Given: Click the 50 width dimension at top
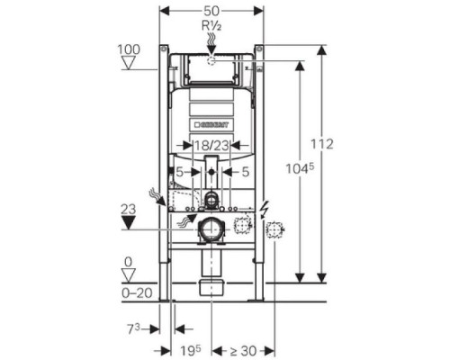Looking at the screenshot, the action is point(211,11).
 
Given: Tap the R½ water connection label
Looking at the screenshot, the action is point(211,26).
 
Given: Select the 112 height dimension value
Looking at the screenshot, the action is point(321,144).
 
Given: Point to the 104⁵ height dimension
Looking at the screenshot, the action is point(300,168).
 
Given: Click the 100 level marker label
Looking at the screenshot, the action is point(129,49).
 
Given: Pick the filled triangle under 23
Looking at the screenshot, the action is point(129,223).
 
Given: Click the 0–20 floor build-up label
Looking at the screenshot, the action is point(137,292).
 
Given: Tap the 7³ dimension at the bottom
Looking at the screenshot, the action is point(134,329).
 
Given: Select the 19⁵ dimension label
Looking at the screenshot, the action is point(191,350).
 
